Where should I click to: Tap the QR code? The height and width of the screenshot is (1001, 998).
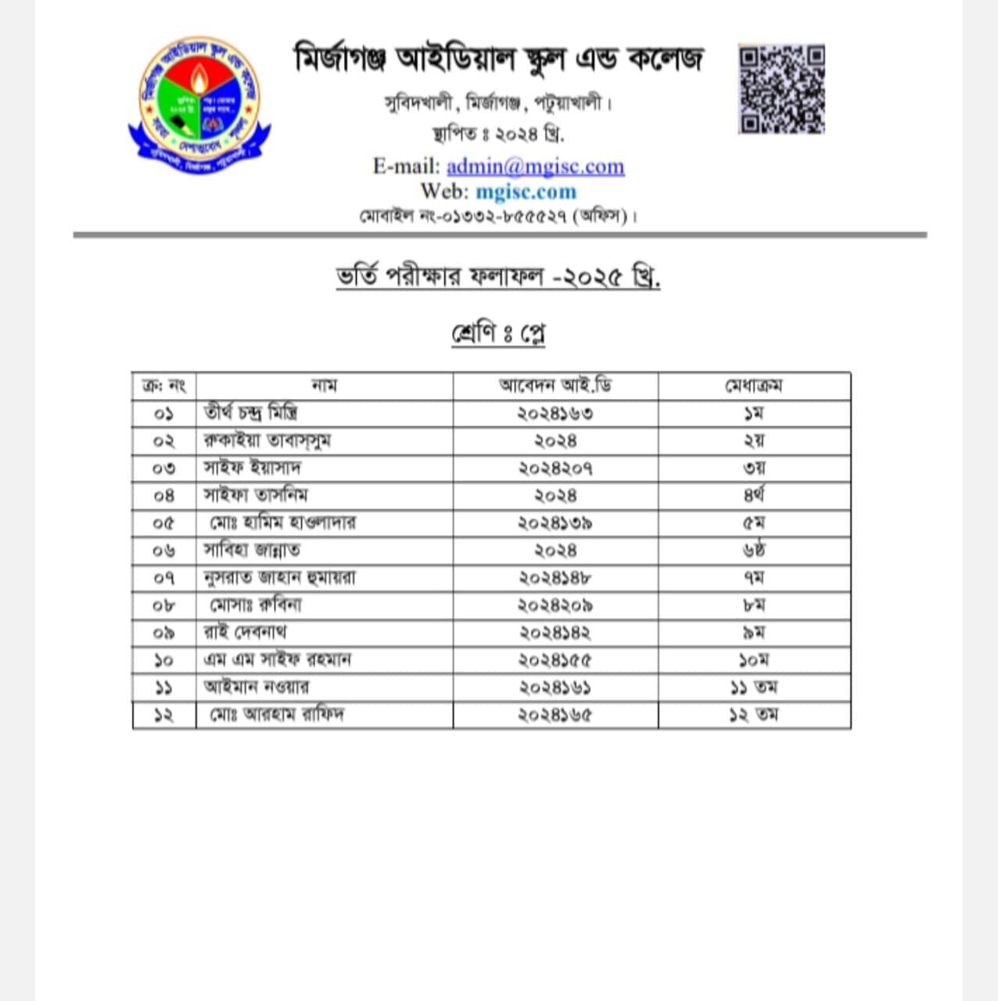click(x=781, y=89)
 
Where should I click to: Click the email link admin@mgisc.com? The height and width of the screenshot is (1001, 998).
click(x=535, y=167)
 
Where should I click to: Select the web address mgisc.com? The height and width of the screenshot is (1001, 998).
click(x=526, y=192)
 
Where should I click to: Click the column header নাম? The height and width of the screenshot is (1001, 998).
click(x=324, y=386)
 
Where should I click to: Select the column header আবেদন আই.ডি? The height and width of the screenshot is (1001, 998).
click(x=555, y=386)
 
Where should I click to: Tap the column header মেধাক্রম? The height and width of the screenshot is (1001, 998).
click(x=754, y=386)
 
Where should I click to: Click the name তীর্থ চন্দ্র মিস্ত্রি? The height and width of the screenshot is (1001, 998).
click(x=250, y=413)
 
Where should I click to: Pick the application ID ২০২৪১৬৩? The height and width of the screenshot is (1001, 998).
click(x=555, y=413)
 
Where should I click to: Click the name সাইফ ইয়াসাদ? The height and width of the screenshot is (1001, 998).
click(x=252, y=468)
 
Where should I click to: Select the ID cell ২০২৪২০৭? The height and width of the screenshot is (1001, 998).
click(x=555, y=468)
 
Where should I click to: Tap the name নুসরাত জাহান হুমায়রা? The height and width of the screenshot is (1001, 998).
click(x=279, y=578)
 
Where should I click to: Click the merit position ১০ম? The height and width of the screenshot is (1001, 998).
click(x=754, y=660)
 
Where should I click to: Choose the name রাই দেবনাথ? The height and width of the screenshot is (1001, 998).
click(x=245, y=633)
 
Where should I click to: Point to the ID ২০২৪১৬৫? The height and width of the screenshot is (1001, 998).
click(x=555, y=715)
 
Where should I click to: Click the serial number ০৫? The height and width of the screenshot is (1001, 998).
click(x=164, y=523)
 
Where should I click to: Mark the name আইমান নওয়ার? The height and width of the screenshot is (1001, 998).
click(x=256, y=687)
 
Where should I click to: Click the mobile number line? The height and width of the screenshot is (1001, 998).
click(x=498, y=216)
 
